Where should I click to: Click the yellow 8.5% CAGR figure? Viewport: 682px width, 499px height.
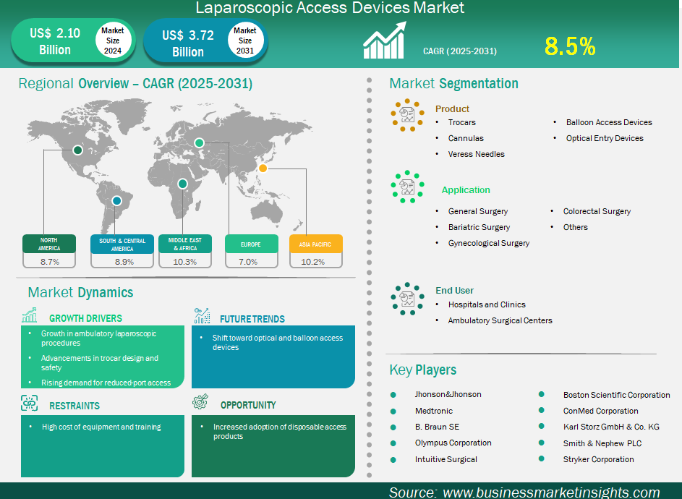click(x=570, y=46)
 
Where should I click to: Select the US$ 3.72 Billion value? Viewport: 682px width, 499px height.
click(x=188, y=43)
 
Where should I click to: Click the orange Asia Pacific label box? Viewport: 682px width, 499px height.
click(x=316, y=244)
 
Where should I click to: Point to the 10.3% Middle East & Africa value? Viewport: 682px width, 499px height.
click(x=185, y=262)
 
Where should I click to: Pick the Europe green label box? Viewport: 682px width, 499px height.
click(x=252, y=244)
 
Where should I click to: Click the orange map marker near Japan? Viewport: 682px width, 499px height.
click(x=263, y=168)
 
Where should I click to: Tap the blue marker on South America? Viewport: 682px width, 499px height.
click(x=116, y=200)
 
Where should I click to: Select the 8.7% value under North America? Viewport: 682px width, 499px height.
click(x=50, y=262)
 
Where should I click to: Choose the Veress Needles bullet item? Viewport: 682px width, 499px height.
click(x=477, y=154)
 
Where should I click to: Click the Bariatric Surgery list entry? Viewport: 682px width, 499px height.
click(x=479, y=227)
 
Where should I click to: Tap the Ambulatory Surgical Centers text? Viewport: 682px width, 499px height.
click(x=500, y=320)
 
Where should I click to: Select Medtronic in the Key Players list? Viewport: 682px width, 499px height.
click(x=434, y=411)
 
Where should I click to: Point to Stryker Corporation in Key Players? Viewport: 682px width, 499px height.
click(x=599, y=459)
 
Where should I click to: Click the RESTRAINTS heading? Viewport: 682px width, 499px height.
click(x=74, y=406)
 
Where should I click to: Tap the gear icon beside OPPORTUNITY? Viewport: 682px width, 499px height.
click(x=200, y=402)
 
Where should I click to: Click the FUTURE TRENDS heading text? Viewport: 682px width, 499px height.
click(x=252, y=319)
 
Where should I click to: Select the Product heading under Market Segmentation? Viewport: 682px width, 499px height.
click(x=452, y=108)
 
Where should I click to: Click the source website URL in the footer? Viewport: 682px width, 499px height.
click(x=552, y=492)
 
